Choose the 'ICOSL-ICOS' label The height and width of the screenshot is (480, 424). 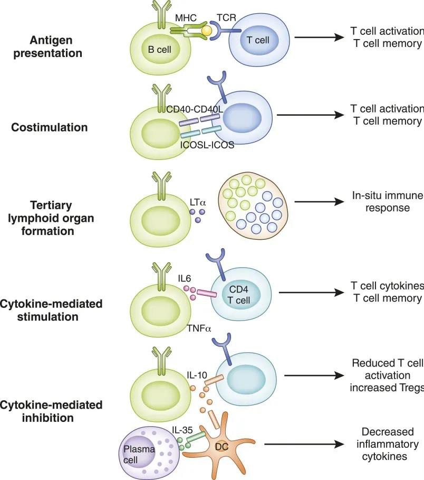(x=203, y=144)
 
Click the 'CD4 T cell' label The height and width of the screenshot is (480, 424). (x=238, y=296)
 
